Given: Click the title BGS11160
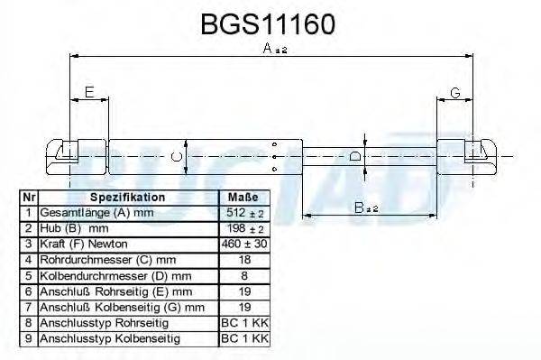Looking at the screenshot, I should click(268, 23).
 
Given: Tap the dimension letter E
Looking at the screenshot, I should click(88, 92).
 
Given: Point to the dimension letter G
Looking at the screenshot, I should click(455, 92).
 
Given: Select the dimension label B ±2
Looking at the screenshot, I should click(365, 208).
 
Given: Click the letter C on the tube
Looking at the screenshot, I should click(177, 159).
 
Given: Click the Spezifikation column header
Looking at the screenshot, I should click(128, 197).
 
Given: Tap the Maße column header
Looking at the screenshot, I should click(244, 197).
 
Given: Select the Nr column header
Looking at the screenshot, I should click(29, 197).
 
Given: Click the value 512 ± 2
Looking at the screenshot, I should click(244, 213).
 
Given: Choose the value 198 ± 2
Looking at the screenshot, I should click(244, 228).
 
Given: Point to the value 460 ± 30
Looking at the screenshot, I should click(244, 244).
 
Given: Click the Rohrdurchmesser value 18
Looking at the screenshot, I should click(244, 260).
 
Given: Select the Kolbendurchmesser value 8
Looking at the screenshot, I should click(244, 275).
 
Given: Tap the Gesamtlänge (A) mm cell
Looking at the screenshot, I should click(92, 213).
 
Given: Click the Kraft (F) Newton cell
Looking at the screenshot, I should click(84, 244).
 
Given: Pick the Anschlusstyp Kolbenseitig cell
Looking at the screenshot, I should click(109, 338).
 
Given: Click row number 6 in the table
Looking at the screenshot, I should click(29, 291).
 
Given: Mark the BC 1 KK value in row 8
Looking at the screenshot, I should click(244, 322).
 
